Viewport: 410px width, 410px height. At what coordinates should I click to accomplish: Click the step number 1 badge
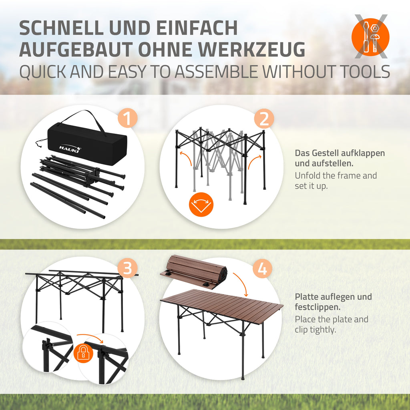pyautogui.click(x=128, y=119)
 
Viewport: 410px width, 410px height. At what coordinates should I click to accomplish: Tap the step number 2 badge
pyautogui.click(x=264, y=119)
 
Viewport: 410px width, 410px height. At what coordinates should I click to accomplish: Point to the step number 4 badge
pyautogui.click(x=263, y=269)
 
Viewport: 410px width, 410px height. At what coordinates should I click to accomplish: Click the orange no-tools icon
pyautogui.click(x=370, y=37)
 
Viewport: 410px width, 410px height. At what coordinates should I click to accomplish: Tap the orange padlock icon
pyautogui.click(x=83, y=352)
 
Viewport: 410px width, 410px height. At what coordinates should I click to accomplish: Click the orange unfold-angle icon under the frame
pyautogui.click(x=201, y=205)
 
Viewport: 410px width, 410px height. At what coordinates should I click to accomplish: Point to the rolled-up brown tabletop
pyautogui.click(x=194, y=271)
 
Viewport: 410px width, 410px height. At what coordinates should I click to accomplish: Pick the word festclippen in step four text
pyautogui.click(x=318, y=307)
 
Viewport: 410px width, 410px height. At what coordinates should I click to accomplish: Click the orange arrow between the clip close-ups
pyautogui.click(x=90, y=337)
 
